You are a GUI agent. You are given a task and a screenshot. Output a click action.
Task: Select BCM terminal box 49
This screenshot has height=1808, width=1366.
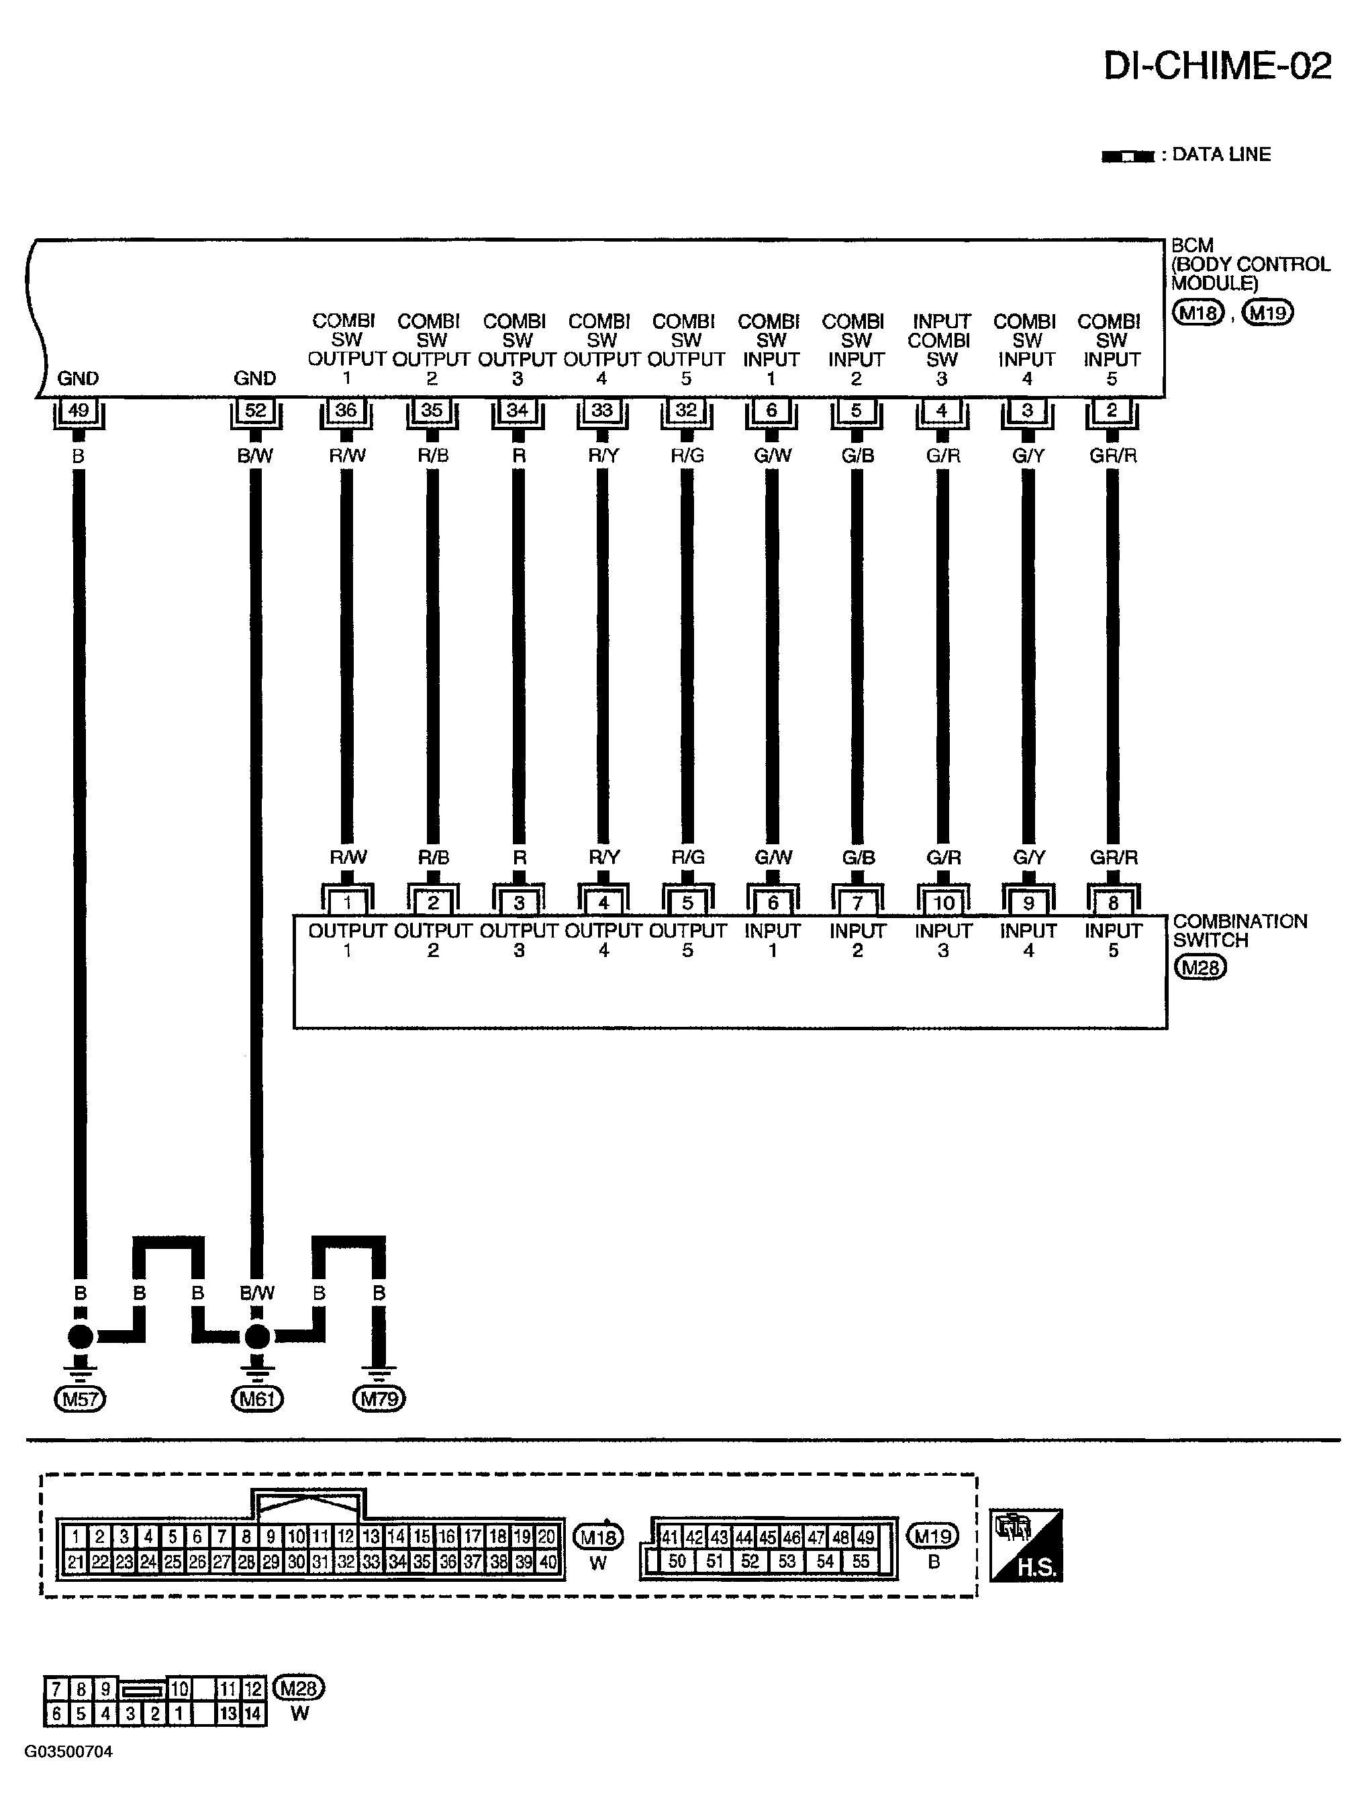(79, 410)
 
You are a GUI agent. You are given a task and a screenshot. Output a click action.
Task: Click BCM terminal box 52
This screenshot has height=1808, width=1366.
(256, 410)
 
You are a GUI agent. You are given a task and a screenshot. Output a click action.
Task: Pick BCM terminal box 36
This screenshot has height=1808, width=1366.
(346, 410)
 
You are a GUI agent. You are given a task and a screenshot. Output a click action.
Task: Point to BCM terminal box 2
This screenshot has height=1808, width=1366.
(1112, 410)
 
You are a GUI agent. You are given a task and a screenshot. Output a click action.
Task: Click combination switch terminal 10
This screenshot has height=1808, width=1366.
(943, 903)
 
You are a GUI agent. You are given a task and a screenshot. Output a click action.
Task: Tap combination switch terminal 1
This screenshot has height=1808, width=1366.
(348, 903)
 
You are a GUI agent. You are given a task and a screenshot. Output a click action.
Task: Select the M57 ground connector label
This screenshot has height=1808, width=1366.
(80, 1399)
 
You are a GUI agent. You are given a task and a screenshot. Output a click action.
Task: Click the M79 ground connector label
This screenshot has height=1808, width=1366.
(379, 1399)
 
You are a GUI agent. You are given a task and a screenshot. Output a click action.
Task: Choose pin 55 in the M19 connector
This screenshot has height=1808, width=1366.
(861, 1561)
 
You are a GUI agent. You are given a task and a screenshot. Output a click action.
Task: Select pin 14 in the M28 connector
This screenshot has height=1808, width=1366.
(254, 1713)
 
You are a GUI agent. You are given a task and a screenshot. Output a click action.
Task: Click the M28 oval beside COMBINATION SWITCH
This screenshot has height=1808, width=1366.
(1200, 968)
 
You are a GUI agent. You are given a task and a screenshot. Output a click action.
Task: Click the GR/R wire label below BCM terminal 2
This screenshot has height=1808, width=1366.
(1112, 455)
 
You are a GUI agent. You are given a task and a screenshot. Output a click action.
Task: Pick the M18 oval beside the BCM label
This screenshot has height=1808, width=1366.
(1198, 313)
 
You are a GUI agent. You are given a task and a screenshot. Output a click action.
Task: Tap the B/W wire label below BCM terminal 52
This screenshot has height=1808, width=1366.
(255, 455)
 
